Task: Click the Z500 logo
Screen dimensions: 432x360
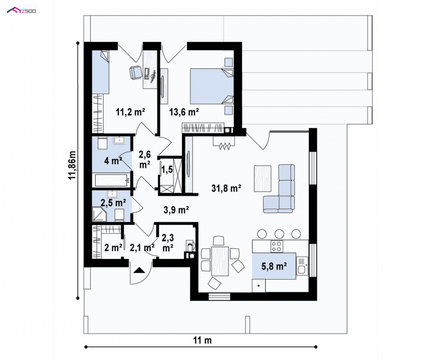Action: pos(22,11)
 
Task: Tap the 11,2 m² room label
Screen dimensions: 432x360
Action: pos(131,112)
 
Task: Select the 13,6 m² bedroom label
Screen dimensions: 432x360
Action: pos(184,112)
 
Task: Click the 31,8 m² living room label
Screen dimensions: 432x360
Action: pos(226,189)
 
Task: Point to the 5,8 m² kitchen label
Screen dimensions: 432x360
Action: pos(274,266)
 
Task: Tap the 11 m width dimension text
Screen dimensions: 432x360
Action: pos(202,341)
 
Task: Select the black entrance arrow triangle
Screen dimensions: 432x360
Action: pos(139,270)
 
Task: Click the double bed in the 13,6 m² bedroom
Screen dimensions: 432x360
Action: pos(212,86)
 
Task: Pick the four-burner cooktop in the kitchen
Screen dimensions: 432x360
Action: pos(276,246)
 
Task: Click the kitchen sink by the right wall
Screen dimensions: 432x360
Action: pos(302,265)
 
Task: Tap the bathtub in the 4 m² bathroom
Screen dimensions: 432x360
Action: pos(112,181)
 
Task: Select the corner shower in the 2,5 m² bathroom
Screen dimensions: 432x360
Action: pos(99,215)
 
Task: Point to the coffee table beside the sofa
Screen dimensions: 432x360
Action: pos(262,178)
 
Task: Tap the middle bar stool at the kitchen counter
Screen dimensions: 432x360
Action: pos(279,234)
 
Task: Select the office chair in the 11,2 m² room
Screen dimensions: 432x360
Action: pos(136,72)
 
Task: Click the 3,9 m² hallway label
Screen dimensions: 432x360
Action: pos(176,210)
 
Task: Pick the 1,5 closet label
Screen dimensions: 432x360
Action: pos(167,169)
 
